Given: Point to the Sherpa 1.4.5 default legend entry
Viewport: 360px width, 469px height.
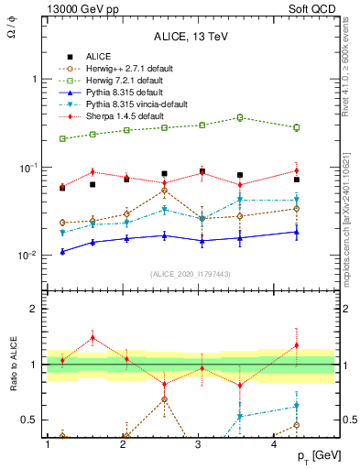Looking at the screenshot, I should (x=119, y=115).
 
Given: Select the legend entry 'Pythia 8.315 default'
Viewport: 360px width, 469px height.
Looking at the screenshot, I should (x=119, y=92).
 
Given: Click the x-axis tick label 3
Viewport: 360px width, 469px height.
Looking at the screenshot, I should (x=199, y=444).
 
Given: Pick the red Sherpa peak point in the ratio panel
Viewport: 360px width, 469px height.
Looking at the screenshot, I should (x=93, y=337).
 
